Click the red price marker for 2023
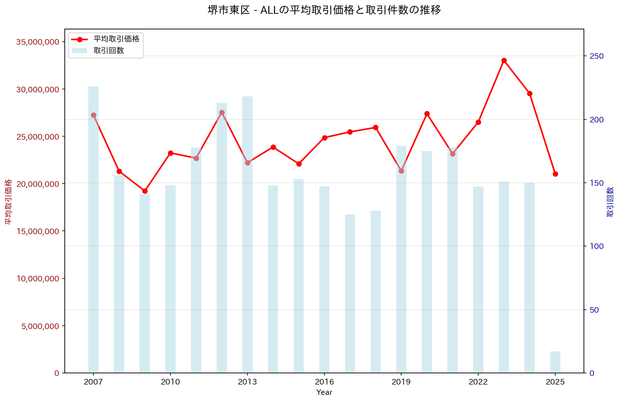[x=504, y=60]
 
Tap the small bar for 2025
[x=555, y=362]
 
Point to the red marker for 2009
[x=145, y=191]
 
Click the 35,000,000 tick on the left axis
[x=38, y=42]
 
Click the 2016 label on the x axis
[x=324, y=382]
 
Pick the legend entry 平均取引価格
[x=116, y=39]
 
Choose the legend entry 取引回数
[x=109, y=51]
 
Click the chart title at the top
[x=324, y=10]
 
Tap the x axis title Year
[x=324, y=392]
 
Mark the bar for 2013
[x=247, y=234]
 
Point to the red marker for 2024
[x=530, y=93]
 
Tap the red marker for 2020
[x=427, y=114]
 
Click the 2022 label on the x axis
[x=478, y=382]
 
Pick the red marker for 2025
[x=555, y=174]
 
